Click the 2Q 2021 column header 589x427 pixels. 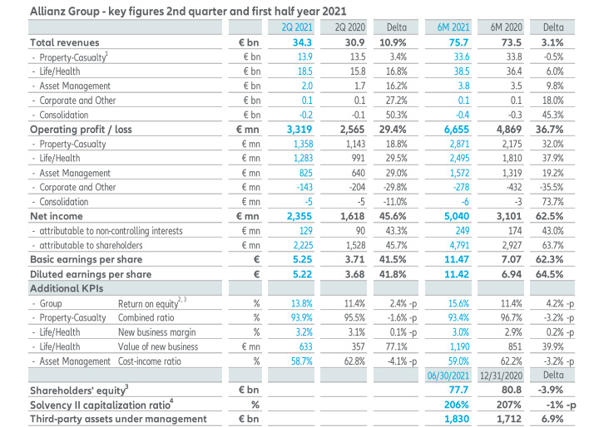pos(297,27)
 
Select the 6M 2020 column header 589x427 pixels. pos(507,27)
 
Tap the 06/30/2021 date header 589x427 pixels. pos(448,375)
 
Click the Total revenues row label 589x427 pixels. pos(65,42)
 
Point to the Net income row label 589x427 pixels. pos(57,216)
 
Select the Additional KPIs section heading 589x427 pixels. pos(67,288)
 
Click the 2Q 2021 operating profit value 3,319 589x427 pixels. pos(299,130)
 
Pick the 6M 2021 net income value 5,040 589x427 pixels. pos(457,216)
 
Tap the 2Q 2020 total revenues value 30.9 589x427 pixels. pos(354,42)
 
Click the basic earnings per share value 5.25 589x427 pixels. pos(302,259)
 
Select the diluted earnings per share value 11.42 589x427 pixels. pos(457,274)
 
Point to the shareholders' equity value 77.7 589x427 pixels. pos(458,390)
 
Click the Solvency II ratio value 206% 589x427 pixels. pos(457,405)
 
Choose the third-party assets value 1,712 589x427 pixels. pos(509,419)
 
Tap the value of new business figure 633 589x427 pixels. pos(305,346)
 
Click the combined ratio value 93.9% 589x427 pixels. pos(302,317)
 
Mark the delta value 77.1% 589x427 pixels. pos(396,346)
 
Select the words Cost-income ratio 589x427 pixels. pos(150,361)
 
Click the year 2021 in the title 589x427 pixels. pos(334,12)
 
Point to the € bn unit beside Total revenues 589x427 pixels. pos(248,42)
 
